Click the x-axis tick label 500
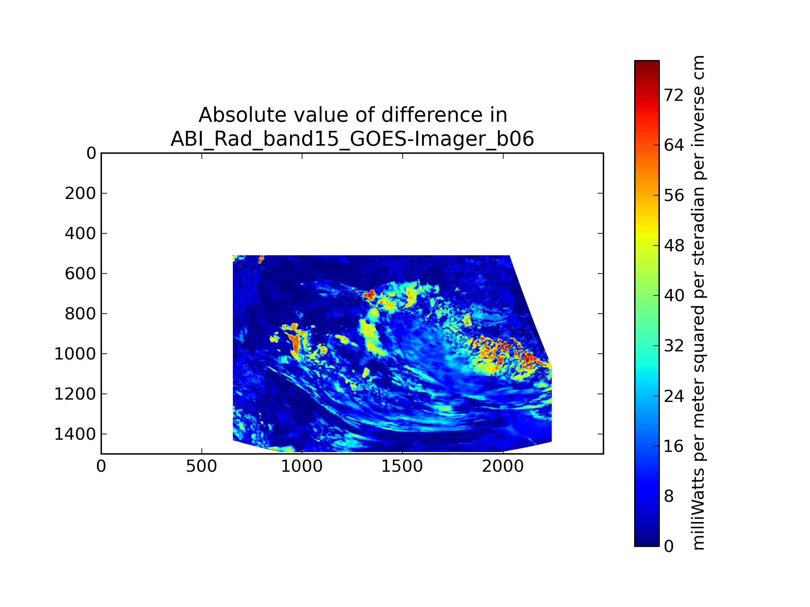pyautogui.click(x=201, y=466)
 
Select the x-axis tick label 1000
pyautogui.click(x=302, y=466)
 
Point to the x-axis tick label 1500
pyautogui.click(x=402, y=466)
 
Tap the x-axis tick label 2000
pyautogui.click(x=503, y=466)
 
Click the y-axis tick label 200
pyautogui.click(x=80, y=194)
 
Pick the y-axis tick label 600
pyautogui.click(x=80, y=274)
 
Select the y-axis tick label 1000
pyautogui.click(x=75, y=354)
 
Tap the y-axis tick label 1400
pyautogui.click(x=75, y=434)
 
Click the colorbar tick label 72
pyautogui.click(x=674, y=95)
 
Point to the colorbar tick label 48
pyautogui.click(x=674, y=246)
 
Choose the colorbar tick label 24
pyautogui.click(x=674, y=396)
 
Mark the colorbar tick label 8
pyautogui.click(x=669, y=496)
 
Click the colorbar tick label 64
pyautogui.click(x=674, y=146)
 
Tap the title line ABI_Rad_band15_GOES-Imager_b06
pyautogui.click(x=352, y=139)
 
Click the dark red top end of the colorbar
pyautogui.click(x=647, y=64)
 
